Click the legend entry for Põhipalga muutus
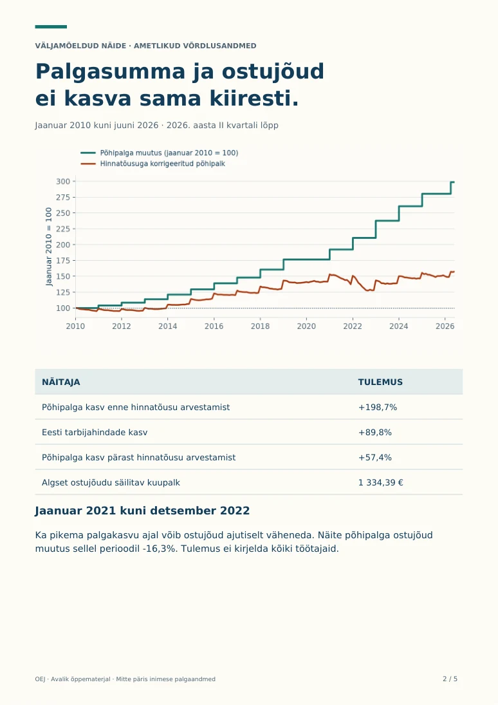tap(160, 153)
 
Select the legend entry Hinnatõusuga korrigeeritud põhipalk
tap(153, 164)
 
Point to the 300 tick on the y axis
tap(63, 182)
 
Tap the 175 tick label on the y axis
tap(63, 261)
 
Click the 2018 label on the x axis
tap(260, 326)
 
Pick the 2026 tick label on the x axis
tap(445, 326)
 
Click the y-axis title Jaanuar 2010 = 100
tap(49, 247)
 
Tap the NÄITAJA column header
tap(60, 382)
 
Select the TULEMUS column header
tap(380, 382)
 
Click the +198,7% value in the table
tap(378, 408)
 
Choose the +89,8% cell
tap(375, 433)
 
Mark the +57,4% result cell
tap(375, 458)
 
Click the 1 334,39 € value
tap(381, 483)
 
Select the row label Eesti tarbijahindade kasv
tap(95, 433)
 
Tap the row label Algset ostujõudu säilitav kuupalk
tap(111, 483)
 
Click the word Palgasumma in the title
tap(111, 71)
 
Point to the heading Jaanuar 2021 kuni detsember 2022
tap(142, 511)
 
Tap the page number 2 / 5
tap(450, 679)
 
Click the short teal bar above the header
tap(51, 27)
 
